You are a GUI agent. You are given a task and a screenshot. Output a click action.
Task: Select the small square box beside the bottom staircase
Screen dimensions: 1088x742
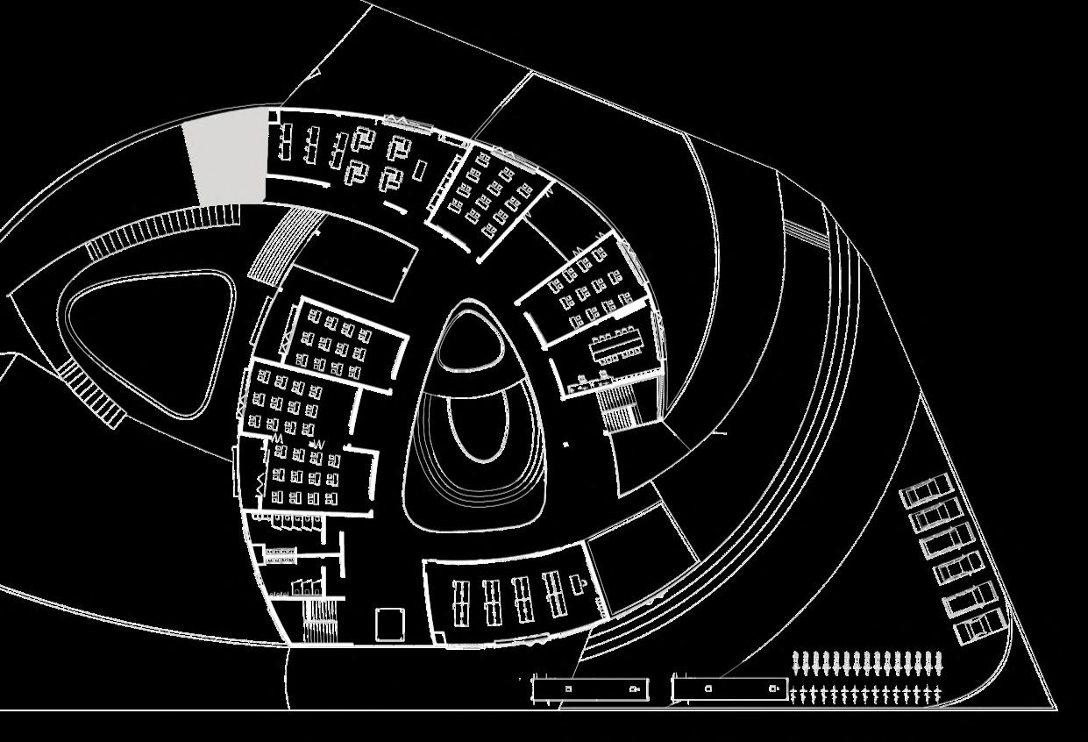click(388, 624)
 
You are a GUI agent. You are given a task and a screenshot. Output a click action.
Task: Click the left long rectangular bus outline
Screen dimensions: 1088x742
click(591, 688)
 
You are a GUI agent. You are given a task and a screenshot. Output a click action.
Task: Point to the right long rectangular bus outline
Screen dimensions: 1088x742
click(729, 688)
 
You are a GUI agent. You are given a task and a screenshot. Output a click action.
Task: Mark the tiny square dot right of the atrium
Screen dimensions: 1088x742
click(565, 445)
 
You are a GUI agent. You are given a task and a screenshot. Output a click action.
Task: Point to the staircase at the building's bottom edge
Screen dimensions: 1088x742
click(322, 619)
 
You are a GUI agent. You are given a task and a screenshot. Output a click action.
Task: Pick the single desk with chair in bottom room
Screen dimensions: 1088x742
click(579, 582)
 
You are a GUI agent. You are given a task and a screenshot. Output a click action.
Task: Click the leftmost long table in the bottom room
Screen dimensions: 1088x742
click(462, 601)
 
